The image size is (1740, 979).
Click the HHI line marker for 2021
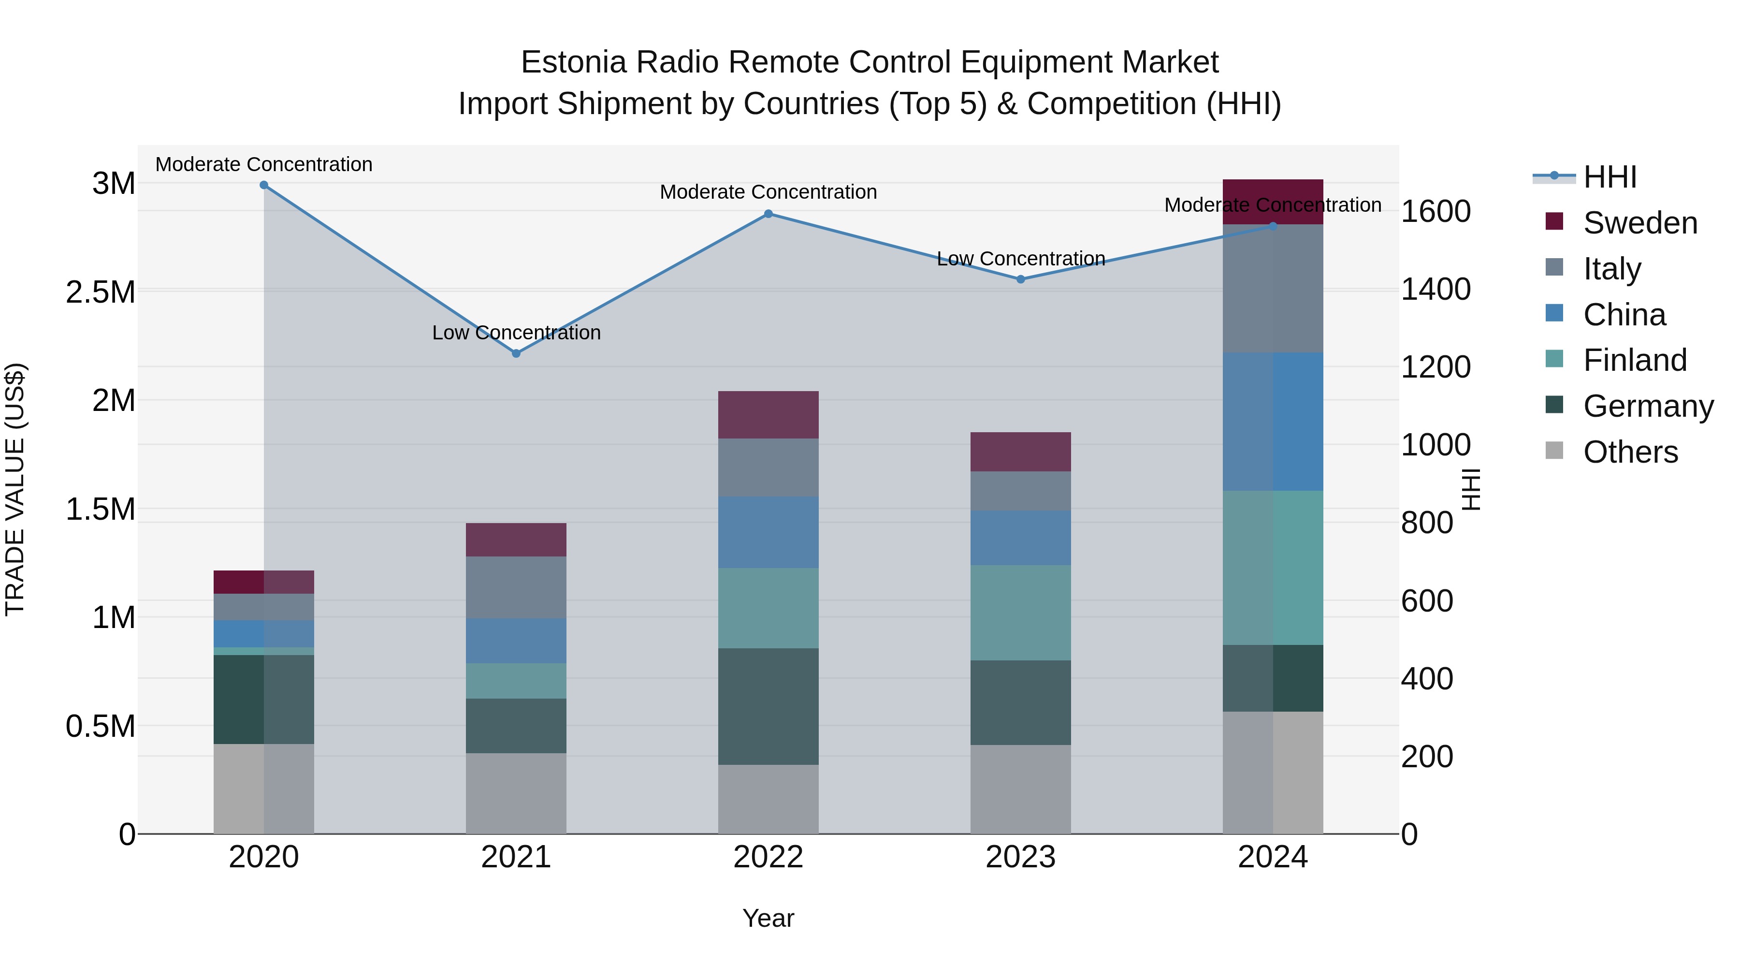516,353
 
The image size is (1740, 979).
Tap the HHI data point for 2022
768,214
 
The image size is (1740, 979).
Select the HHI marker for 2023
1021,279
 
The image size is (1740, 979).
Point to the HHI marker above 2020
264,185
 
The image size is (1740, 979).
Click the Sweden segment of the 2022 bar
768,415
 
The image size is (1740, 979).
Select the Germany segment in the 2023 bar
1021,702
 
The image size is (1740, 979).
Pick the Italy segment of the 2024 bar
1273,289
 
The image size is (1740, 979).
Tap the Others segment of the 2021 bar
516,793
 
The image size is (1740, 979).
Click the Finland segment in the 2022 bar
768,608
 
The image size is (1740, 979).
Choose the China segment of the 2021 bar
516,641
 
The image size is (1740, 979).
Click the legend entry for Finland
1635,360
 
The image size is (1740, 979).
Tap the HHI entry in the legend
1609,177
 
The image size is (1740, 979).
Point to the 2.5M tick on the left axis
101,292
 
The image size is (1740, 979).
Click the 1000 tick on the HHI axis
1436,445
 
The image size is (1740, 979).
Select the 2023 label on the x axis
1021,857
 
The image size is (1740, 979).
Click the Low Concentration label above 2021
516,333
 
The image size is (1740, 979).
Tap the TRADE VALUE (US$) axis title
15,489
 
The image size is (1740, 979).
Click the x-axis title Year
768,918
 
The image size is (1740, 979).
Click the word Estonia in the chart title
573,62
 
